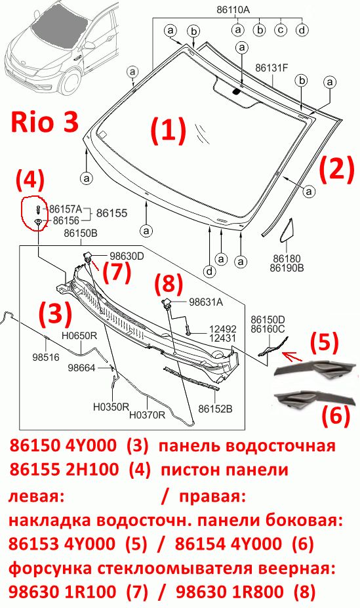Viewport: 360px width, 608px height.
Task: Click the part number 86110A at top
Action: coord(233,10)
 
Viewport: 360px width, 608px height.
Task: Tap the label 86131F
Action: coord(271,68)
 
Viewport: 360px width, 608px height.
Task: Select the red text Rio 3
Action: coord(45,122)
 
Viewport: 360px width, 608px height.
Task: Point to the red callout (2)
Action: coord(337,169)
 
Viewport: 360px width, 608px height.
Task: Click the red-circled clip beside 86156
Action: coord(38,222)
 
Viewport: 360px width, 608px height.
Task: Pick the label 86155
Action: coord(111,213)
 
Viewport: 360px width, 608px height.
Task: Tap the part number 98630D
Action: coord(127,256)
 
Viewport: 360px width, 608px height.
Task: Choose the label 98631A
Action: coord(206,302)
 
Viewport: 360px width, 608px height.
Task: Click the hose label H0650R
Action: coord(79,336)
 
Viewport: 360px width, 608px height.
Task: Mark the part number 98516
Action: coord(46,357)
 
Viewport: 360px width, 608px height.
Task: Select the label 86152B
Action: coord(216,409)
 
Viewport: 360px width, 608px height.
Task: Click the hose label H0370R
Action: coord(148,415)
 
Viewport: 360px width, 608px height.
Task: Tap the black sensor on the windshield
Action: coord(236,92)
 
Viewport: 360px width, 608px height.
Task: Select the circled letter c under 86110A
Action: coord(281,30)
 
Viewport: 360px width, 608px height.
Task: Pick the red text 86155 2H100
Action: coord(64,470)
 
